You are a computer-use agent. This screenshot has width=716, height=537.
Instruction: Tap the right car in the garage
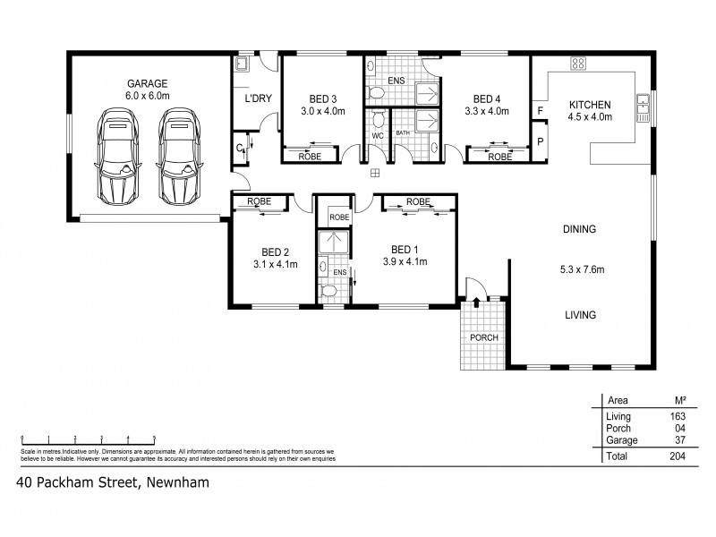pos(176,156)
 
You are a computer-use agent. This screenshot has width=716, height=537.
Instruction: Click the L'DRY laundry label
pos(245,99)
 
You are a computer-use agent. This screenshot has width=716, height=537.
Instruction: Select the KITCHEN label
pos(591,104)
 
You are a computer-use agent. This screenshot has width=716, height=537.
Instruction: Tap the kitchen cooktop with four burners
pos(578,64)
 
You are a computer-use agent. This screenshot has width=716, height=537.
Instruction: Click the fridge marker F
pos(540,111)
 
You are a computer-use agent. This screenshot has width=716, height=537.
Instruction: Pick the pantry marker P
pos(540,141)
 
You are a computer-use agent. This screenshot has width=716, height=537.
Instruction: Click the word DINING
pos(579,229)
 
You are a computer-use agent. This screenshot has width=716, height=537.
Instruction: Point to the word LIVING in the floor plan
pos(579,314)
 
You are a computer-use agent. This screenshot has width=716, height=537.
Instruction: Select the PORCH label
pos(483,337)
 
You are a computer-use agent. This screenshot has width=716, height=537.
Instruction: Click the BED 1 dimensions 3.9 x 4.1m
pos(405,262)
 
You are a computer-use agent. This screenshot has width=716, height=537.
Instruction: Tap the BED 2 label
pos(274,251)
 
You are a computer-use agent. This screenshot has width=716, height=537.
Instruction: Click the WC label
pos(378,136)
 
